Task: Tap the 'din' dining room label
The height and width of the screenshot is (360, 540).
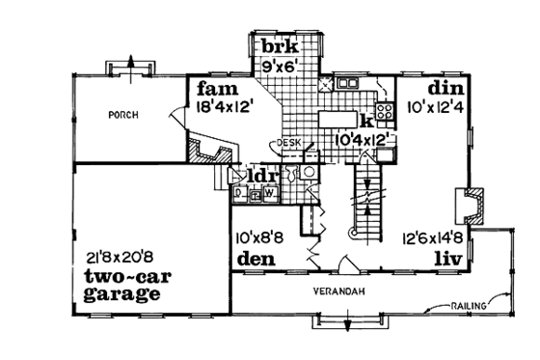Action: pyautogui.click(x=446, y=88)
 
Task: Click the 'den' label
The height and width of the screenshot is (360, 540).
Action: pyautogui.click(x=254, y=260)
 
